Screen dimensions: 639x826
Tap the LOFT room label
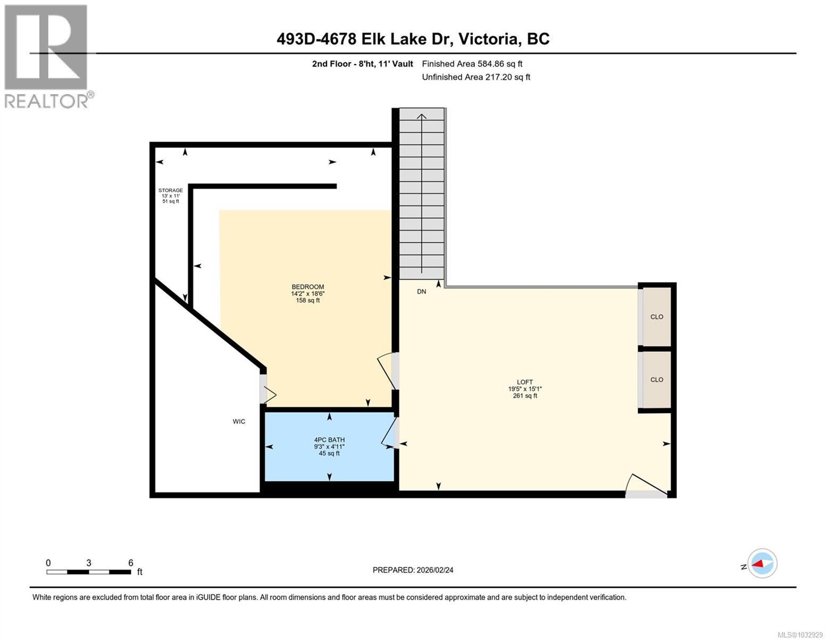point(524,382)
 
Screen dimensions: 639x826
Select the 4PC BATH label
point(329,440)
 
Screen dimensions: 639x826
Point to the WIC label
point(239,422)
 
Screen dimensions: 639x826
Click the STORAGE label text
point(170,191)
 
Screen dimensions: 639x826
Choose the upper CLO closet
point(657,317)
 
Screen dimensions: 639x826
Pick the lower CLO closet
point(657,380)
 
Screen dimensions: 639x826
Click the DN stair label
point(421,292)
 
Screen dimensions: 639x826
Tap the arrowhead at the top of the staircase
point(422,116)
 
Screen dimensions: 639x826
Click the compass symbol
point(762,563)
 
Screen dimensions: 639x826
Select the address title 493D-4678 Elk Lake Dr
point(413,39)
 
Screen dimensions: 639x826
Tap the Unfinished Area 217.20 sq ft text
point(475,77)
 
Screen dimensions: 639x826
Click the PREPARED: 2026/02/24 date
point(413,570)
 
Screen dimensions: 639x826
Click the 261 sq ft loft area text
point(524,396)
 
